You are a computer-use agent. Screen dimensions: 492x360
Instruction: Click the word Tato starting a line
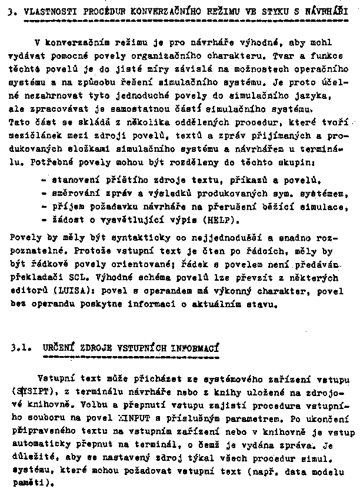click(x=19, y=122)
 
